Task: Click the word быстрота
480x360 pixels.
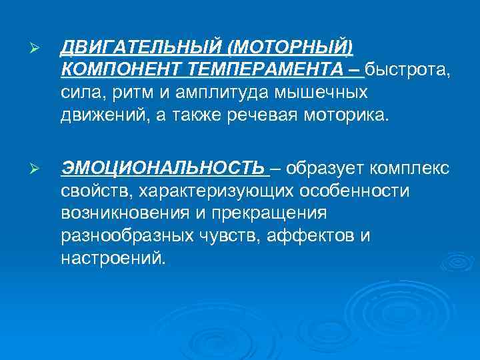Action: pos(407,69)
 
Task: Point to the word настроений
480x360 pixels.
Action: pos(112,258)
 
